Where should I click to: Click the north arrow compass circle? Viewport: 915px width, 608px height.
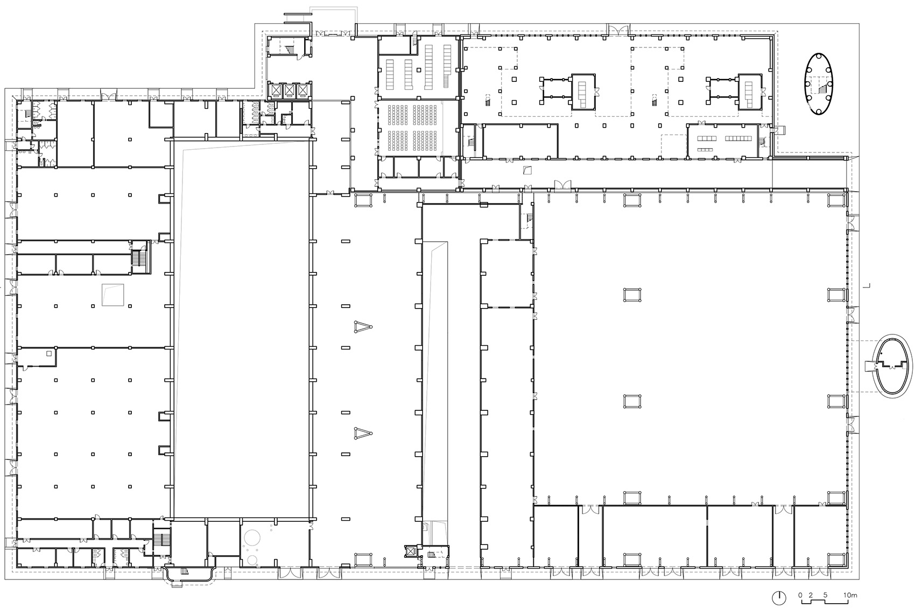(779, 598)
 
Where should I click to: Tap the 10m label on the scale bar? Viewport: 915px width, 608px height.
(850, 595)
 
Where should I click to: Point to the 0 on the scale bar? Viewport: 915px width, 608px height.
(800, 595)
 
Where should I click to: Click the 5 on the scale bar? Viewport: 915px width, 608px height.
(825, 595)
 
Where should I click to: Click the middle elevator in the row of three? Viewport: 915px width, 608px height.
(289, 90)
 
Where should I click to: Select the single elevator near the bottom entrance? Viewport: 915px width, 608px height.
(410, 551)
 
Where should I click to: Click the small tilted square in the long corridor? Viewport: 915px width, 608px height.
(528, 170)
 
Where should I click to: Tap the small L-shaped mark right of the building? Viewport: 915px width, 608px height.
(868, 286)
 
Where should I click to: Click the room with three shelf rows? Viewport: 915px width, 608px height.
(724, 141)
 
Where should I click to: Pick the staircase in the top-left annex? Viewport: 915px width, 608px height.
(290, 50)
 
